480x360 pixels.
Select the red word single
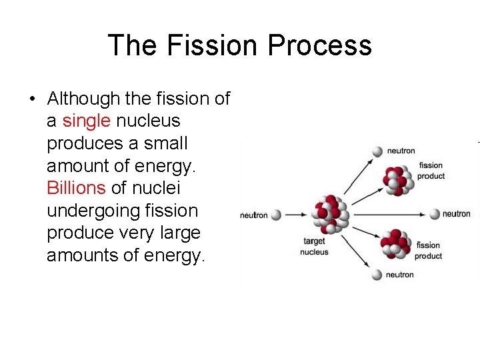tap(87, 121)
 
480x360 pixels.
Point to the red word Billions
tap(76, 189)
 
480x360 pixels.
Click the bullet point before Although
tap(31, 99)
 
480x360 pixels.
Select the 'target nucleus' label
tap(314, 247)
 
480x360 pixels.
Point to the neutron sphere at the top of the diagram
tap(377, 151)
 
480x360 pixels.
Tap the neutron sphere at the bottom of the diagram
tap(377, 275)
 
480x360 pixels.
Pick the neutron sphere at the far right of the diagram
tap(435, 214)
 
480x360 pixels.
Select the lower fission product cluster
tap(394, 245)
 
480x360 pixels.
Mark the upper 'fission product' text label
tap(431, 171)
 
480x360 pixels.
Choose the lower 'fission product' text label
tap(428, 251)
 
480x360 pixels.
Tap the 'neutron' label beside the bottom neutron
tap(399, 275)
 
